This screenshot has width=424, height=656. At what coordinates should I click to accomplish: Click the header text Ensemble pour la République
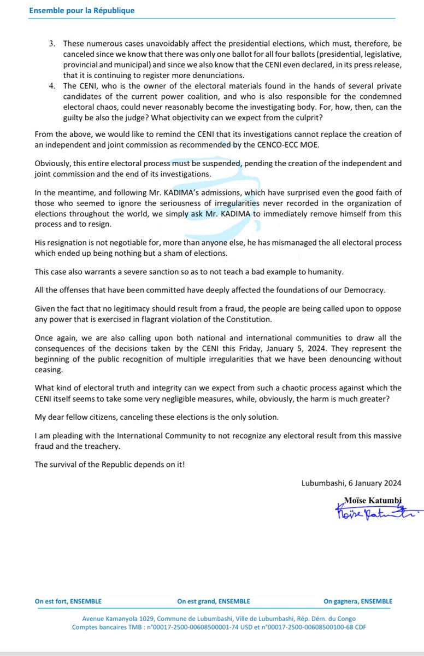click(81, 10)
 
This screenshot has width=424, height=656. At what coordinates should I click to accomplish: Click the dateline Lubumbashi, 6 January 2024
click(351, 483)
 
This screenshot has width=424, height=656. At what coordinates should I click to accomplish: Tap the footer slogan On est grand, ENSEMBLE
click(214, 601)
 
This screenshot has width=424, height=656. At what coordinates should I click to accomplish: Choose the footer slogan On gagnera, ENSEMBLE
click(357, 601)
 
